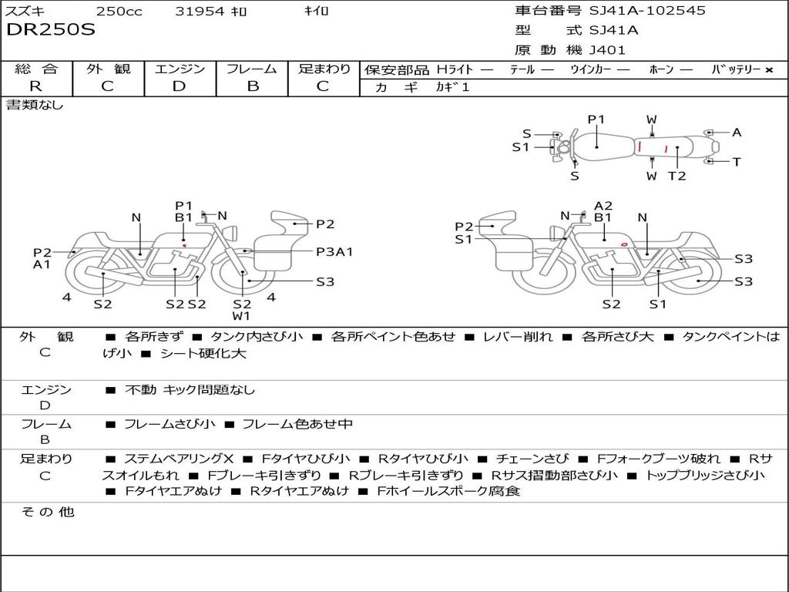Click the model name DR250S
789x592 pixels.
50,29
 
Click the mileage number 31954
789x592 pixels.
200,11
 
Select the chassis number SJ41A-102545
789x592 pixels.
647,10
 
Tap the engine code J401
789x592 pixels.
607,50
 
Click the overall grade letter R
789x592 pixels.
35,86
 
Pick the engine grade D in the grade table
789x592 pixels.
179,86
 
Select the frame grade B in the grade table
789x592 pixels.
253,86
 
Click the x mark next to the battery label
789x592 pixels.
769,70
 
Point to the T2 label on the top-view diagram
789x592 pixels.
677,176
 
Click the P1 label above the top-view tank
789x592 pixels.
596,119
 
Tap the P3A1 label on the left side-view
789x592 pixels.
334,251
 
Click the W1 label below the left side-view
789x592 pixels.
241,316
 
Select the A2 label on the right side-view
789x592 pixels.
603,206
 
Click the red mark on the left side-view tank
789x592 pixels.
185,246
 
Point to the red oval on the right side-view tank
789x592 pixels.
624,244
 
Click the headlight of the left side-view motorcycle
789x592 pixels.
231,234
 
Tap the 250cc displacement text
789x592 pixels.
119,11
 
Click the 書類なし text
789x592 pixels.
35,105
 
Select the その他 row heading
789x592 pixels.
47,512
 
